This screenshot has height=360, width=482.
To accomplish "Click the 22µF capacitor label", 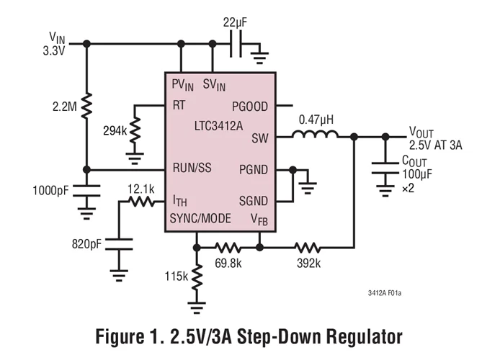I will pos(235,23).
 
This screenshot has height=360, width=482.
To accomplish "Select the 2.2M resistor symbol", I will pos(86,106).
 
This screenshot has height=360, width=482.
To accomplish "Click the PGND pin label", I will pos(254,170).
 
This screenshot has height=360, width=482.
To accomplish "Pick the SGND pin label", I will pos(254,201).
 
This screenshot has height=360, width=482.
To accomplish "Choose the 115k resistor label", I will pos(174,276).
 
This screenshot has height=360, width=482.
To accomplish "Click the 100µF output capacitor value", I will pos(417,175).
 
